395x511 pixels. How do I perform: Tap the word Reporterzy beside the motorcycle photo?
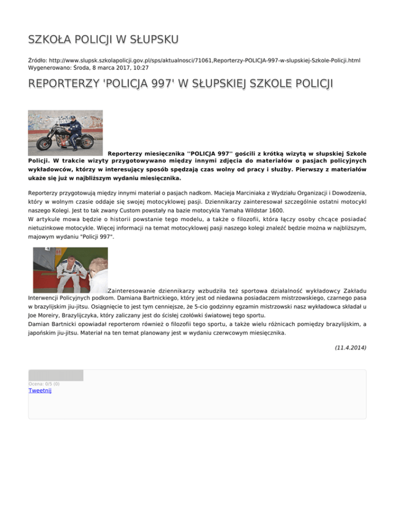(127, 153)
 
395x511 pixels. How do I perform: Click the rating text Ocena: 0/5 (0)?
(44, 384)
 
